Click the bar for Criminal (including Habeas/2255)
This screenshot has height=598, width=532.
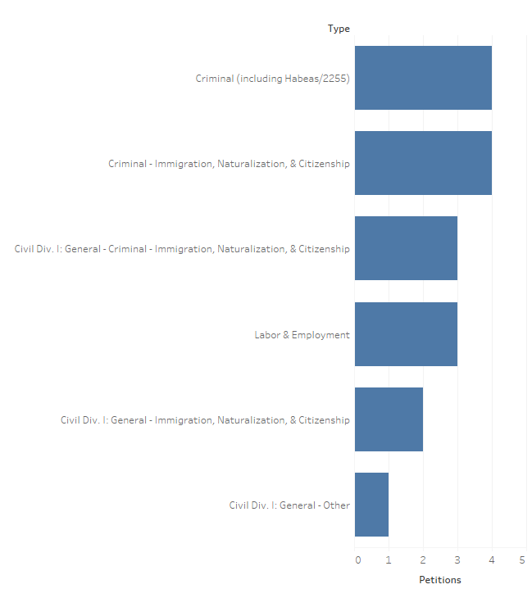423,78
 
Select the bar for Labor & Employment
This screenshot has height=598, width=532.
406,334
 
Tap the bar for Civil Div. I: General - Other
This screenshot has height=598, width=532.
371,505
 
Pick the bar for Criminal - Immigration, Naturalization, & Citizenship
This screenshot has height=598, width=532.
423,163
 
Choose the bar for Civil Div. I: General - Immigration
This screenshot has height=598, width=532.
389,419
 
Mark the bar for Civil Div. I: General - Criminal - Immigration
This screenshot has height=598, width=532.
406,248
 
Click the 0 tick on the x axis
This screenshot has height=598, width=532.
358,560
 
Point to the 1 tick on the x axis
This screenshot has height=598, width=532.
389,560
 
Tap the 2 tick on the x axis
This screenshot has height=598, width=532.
423,560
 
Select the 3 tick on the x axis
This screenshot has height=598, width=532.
457,560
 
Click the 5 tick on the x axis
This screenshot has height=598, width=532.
523,560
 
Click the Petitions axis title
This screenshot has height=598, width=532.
440,580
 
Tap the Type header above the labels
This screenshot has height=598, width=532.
339,29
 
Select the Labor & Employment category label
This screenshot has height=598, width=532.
302,335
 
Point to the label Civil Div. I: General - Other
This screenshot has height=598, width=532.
289,505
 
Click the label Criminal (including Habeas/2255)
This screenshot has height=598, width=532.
272,79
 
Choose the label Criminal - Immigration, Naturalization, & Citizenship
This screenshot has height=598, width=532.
229,164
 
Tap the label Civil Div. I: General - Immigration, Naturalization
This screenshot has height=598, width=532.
205,420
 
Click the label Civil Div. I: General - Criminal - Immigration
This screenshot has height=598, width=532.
182,249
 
